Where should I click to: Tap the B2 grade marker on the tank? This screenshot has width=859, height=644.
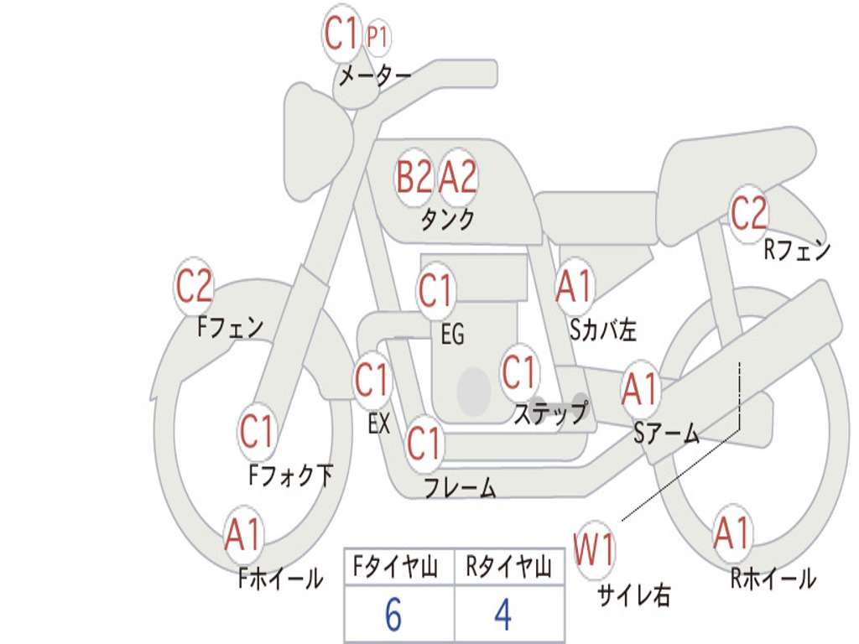pyautogui.click(x=414, y=177)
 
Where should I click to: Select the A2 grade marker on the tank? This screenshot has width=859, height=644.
pyautogui.click(x=458, y=177)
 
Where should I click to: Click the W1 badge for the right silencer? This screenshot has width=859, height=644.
pyautogui.click(x=594, y=551)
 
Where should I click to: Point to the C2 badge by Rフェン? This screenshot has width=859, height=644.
pyautogui.click(x=748, y=214)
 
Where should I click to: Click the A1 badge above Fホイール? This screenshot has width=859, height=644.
pyautogui.click(x=243, y=535)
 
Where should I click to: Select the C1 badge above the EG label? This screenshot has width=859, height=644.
pyautogui.click(x=435, y=291)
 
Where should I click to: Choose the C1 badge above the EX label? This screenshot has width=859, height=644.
pyautogui.click(x=372, y=382)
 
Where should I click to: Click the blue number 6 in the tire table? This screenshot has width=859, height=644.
pyautogui.click(x=393, y=615)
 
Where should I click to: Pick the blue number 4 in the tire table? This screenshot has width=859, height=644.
pyautogui.click(x=502, y=615)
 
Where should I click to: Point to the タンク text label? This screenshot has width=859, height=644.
pyautogui.click(x=447, y=220)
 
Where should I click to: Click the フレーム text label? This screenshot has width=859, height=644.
pyautogui.click(x=459, y=488)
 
